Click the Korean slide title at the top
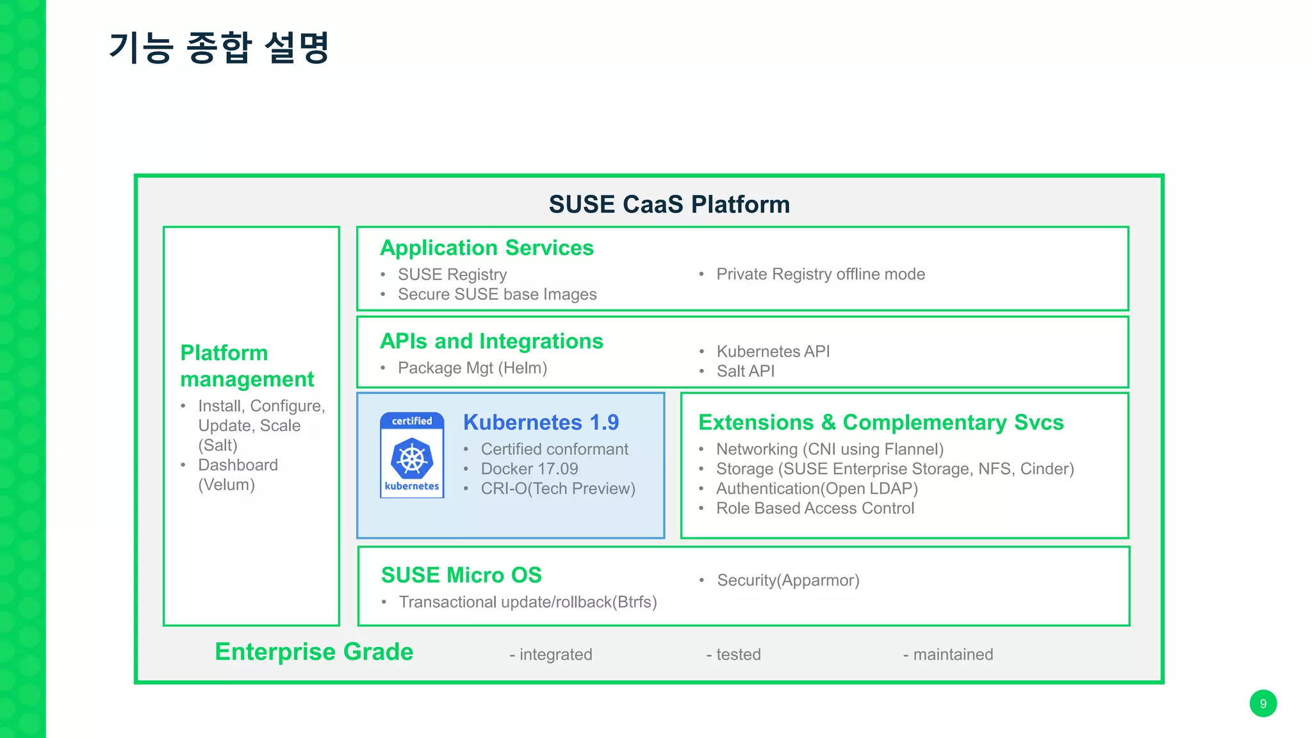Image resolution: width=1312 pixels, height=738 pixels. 219,48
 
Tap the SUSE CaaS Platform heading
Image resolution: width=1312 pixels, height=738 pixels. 669,204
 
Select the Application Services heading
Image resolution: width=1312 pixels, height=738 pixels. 486,248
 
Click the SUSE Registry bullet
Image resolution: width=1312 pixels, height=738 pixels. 452,275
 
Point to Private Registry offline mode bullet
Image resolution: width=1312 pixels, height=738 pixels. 820,274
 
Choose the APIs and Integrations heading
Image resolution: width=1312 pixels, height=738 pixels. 491,341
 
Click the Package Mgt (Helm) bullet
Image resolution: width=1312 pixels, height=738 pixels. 472,368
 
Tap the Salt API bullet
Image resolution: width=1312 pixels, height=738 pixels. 745,372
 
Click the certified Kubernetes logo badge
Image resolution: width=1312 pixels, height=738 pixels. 412,455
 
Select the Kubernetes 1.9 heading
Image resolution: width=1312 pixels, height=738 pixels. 541,423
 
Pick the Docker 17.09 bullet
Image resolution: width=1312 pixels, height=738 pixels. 529,469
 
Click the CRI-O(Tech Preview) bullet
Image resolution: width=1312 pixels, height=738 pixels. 557,489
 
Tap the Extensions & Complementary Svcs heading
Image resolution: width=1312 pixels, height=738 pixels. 881,423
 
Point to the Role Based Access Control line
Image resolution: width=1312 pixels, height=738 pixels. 815,509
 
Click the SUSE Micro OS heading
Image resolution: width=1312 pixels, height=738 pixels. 461,575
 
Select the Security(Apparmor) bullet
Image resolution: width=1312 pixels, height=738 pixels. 788,580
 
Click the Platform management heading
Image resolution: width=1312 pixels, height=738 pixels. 247,366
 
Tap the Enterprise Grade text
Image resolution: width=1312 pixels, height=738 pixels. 314,652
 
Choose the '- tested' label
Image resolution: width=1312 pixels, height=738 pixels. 734,655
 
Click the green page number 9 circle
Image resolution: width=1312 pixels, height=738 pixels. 1263,703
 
